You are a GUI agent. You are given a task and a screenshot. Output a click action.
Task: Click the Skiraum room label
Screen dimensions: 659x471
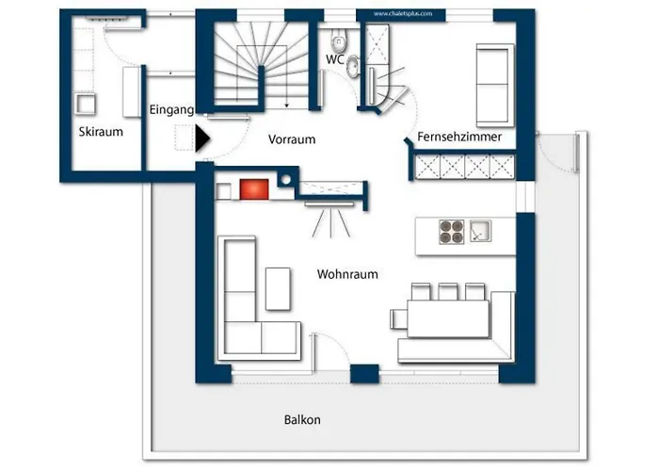click(x=101, y=132)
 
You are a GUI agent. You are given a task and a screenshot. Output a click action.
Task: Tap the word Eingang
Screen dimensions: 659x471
click(x=171, y=110)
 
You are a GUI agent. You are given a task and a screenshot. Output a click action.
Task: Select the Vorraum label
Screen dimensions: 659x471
click(x=292, y=139)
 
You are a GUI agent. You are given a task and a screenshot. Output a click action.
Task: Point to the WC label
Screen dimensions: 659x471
click(x=335, y=59)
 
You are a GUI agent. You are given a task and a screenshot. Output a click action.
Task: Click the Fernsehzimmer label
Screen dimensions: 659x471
click(x=459, y=138)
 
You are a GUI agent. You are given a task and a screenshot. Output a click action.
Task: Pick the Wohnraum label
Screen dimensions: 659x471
click(x=347, y=275)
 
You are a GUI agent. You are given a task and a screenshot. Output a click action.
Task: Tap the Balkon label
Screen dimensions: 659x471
click(x=302, y=420)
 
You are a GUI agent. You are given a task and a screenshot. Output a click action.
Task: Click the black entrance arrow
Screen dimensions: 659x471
click(x=202, y=138)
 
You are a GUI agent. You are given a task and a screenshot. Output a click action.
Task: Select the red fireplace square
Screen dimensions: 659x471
click(x=254, y=189)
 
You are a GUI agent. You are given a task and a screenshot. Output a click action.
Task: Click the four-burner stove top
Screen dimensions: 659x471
click(x=452, y=232)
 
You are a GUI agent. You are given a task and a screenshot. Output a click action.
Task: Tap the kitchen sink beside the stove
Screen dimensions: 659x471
click(x=480, y=231)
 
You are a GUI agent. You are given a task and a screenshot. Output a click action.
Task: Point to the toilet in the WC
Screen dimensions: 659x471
click(x=338, y=41)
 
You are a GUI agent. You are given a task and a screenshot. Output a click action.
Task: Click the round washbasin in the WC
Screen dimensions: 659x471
click(x=353, y=67)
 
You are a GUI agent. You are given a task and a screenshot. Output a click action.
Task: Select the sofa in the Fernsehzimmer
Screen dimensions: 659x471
click(x=494, y=85)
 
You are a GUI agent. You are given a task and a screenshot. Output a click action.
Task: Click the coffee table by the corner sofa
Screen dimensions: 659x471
click(x=278, y=289)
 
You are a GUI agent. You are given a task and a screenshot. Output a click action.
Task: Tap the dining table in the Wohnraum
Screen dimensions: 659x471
click(x=448, y=318)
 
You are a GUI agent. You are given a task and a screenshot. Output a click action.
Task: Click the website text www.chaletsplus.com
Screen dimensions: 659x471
click(x=403, y=13)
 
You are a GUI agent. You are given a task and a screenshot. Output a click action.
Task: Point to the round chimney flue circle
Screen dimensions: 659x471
click(x=286, y=180)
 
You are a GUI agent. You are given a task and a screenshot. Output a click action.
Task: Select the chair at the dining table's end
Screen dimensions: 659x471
click(x=399, y=318)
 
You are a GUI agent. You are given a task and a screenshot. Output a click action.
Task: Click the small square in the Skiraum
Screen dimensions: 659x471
click(x=86, y=104)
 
